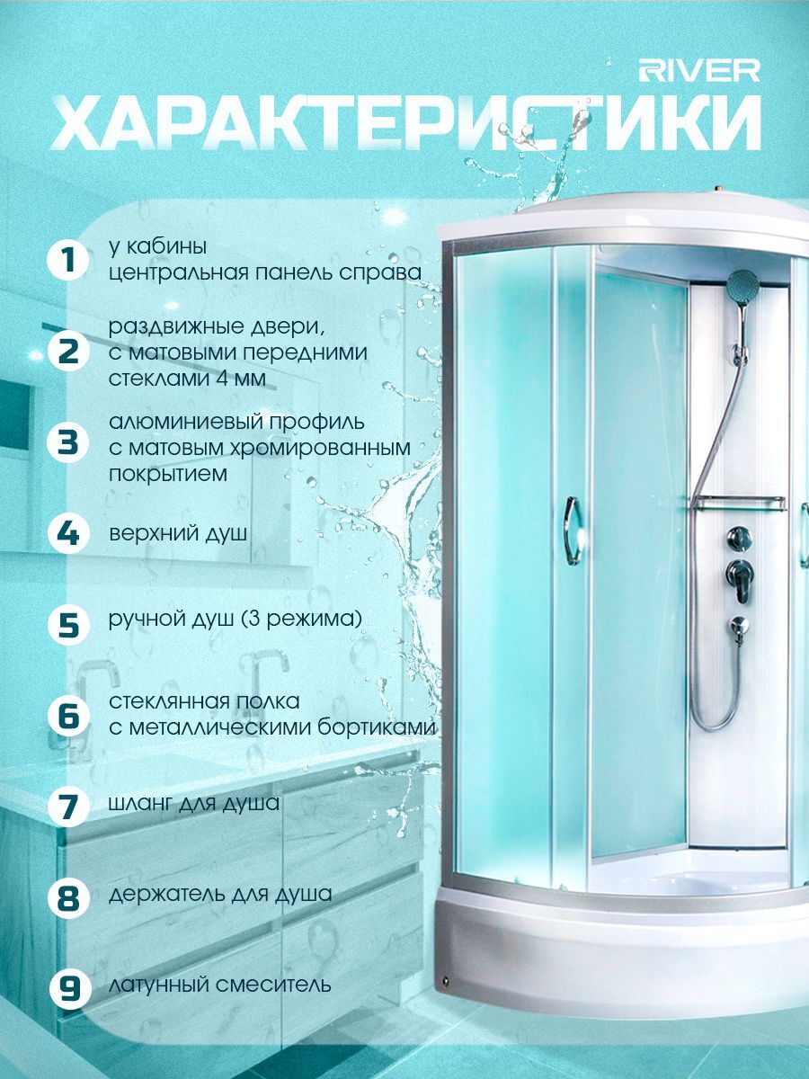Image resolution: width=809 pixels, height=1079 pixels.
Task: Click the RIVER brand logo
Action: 699,72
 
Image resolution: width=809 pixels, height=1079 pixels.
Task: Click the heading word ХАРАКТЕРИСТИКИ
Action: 405,124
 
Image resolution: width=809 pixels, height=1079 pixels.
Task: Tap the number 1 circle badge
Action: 68,260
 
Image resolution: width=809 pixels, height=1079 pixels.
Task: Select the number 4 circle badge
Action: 68,533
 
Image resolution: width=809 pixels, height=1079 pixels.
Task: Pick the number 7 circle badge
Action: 68,804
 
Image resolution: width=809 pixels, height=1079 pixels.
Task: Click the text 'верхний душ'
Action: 178,533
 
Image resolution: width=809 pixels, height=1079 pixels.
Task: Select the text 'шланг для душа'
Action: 194,804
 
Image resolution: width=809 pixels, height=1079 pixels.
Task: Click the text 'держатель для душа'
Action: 220,894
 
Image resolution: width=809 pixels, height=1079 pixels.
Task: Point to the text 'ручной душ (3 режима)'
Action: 236,619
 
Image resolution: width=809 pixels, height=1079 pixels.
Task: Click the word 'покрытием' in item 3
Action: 168,475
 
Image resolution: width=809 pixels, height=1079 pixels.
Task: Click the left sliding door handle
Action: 572,531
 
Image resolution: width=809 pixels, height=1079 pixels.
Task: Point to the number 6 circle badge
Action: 68,715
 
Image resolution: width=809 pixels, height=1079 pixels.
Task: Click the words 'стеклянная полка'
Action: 204,701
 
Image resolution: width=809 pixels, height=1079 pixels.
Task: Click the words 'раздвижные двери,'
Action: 218,328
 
